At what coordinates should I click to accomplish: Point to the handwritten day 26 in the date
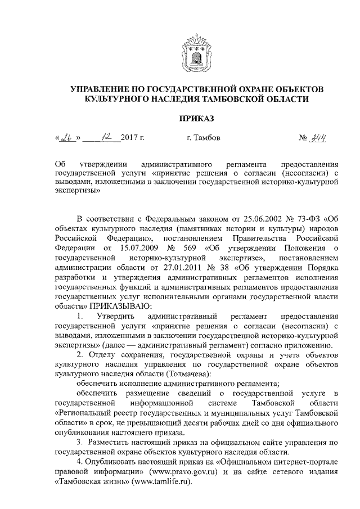click(67, 137)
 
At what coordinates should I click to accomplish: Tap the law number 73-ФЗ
click(308, 219)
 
